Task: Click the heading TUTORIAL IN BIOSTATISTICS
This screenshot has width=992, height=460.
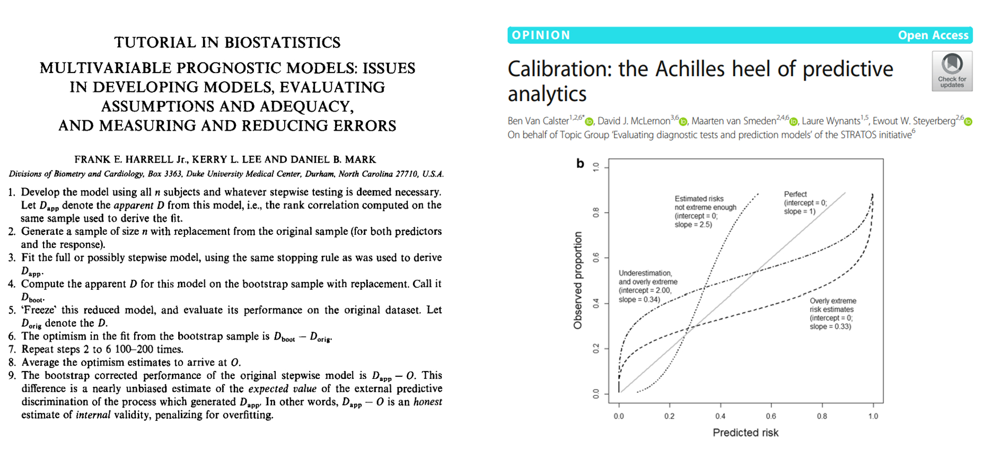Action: tap(227, 42)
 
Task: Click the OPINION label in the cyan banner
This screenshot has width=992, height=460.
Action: tap(541, 35)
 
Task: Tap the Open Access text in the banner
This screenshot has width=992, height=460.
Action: tap(933, 35)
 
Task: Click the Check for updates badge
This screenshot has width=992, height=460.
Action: tap(952, 71)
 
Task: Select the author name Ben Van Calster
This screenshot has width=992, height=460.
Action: tap(538, 121)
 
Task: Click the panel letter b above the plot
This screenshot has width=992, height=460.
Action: tap(580, 164)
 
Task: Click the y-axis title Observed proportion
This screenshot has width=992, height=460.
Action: tap(578, 280)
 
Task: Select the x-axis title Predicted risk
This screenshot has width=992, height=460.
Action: tap(745, 432)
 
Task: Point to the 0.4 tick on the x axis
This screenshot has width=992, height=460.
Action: tap(720, 416)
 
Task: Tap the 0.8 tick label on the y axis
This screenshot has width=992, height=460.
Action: tap(596, 213)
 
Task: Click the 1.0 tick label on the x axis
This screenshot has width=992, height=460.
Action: tap(873, 416)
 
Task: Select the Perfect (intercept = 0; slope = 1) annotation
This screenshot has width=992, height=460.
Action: tap(805, 202)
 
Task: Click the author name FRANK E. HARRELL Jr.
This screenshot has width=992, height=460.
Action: tap(131, 160)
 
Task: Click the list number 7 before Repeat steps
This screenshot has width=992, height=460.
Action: tap(12, 349)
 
